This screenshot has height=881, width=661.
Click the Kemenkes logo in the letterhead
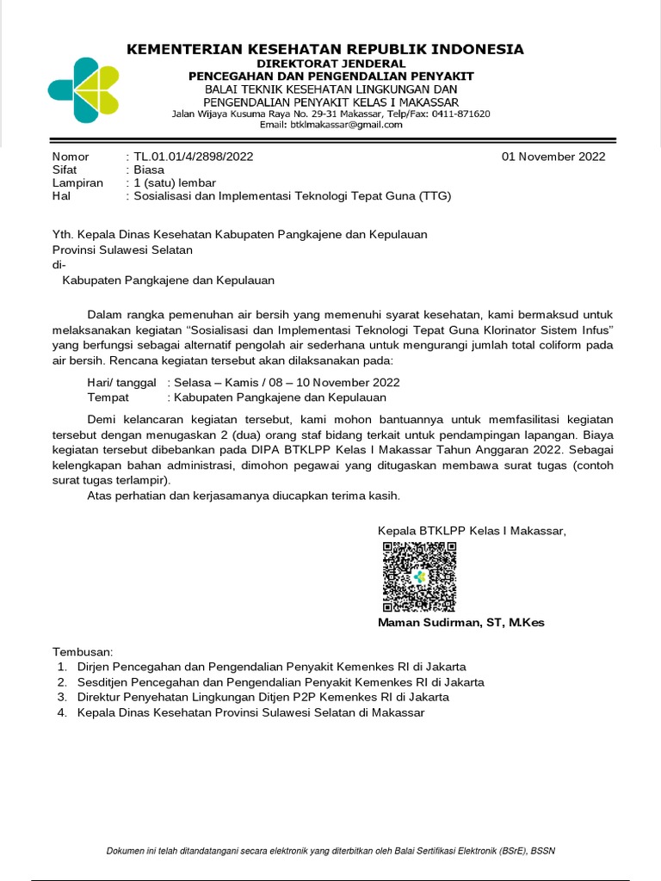83,90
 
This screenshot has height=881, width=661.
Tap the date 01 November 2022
553,157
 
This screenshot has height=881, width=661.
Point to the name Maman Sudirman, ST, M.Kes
460,623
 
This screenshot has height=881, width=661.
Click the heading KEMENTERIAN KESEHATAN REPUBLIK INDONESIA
324,49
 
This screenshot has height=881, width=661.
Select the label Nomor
71,157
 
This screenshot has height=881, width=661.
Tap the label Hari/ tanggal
121,382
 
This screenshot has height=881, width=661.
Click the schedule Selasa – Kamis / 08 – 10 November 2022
287,382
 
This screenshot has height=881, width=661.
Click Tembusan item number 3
263,697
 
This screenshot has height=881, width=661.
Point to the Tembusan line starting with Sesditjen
281,682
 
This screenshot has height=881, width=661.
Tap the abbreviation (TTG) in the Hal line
435,196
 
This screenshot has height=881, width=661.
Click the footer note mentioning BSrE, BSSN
330,851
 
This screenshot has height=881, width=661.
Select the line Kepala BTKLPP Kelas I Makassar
472,531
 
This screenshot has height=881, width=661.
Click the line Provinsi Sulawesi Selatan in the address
122,250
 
